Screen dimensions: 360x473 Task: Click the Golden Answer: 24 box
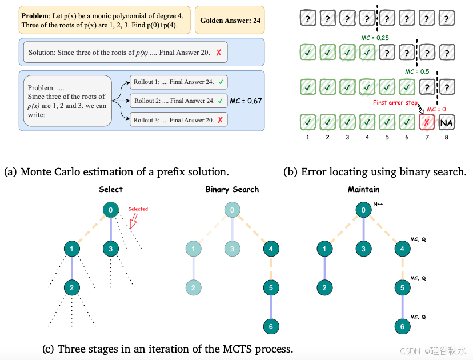tap(230, 20)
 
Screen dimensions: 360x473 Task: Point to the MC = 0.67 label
tap(246, 101)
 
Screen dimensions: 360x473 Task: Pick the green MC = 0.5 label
tap(417, 72)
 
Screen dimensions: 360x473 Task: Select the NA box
tap(447, 122)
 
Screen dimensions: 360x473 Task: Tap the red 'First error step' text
tap(394, 103)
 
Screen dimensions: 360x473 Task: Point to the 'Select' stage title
tap(110, 190)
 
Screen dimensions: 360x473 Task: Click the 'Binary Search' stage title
tap(232, 190)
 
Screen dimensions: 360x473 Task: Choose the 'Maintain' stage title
tap(363, 190)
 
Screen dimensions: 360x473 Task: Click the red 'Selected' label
tap(138, 209)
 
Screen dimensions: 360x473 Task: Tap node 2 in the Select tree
tap(71, 287)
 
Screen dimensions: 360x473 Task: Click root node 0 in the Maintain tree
tap(363, 210)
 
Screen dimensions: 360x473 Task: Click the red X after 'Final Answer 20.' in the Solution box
tap(218, 53)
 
